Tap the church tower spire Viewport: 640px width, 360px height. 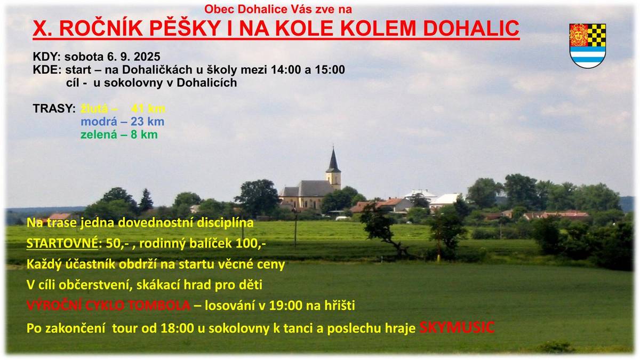pyautogui.click(x=333, y=160)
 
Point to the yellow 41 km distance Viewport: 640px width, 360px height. pyautogui.click(x=147, y=109)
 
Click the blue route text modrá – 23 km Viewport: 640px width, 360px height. pyautogui.click(x=122, y=122)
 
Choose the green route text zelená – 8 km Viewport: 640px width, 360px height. pyautogui.click(x=119, y=134)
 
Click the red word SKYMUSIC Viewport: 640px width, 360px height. pyautogui.click(x=457, y=327)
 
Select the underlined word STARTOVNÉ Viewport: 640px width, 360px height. pyautogui.click(x=59, y=243)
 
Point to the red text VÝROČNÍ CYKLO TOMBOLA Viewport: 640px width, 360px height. pyautogui.click(x=108, y=306)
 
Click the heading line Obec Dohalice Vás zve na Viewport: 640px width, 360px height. pyautogui.click(x=278, y=9)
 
